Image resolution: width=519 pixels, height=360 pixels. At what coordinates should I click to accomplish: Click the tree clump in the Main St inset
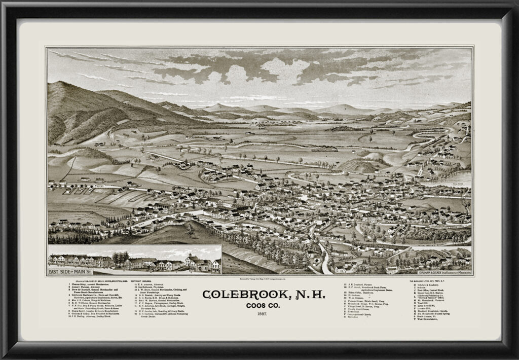(120, 258)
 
